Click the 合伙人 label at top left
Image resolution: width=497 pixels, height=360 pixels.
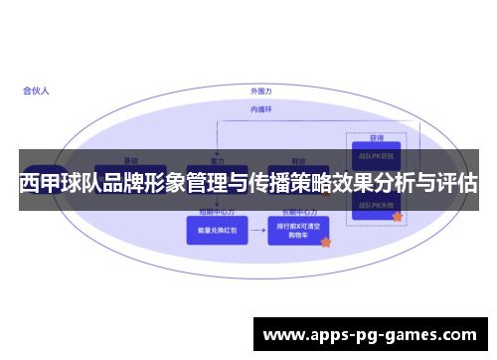point(37,90)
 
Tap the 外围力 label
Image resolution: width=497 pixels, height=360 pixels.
point(261,91)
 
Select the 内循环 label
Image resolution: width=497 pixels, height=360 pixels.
point(260,108)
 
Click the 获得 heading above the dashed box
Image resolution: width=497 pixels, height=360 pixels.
point(376,138)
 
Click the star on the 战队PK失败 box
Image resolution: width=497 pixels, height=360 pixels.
point(397,216)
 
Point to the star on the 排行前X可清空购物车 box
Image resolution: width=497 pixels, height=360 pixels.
point(325,242)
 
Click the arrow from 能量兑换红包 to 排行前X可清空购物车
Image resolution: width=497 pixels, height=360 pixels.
point(253,230)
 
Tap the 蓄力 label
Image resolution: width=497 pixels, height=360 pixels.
point(216,159)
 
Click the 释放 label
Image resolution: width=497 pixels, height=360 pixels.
point(297,159)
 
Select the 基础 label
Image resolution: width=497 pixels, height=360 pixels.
point(130,159)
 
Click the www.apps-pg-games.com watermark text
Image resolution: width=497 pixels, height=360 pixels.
point(369,335)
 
